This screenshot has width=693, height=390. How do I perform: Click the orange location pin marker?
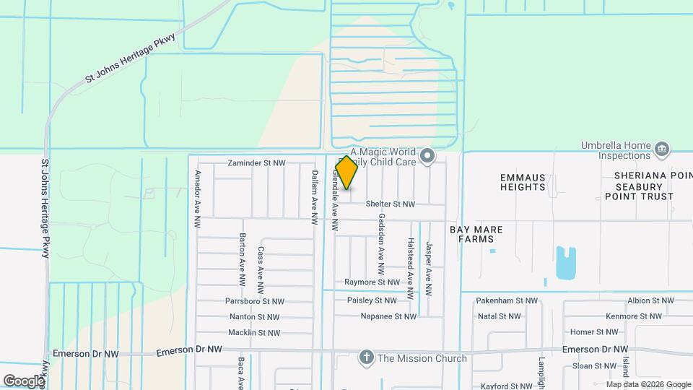[x=346, y=173]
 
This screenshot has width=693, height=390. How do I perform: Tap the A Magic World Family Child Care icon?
[x=427, y=155]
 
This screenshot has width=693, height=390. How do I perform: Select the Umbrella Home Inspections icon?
[x=661, y=150]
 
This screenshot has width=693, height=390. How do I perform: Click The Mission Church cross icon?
[x=366, y=357]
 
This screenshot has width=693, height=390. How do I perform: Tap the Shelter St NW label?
[x=390, y=204]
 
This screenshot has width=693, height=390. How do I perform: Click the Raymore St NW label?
[x=372, y=282]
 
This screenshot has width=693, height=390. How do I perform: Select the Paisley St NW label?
[x=372, y=300]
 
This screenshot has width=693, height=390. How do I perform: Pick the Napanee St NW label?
[x=389, y=316]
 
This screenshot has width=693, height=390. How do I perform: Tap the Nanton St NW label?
[x=254, y=316]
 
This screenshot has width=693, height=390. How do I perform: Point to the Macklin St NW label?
[x=254, y=333]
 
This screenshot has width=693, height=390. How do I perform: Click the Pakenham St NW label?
[x=507, y=300]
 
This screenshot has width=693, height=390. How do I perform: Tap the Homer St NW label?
[x=596, y=332]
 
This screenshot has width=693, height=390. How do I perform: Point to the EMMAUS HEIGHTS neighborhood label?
[x=523, y=182]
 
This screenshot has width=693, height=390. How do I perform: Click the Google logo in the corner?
[x=23, y=380]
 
